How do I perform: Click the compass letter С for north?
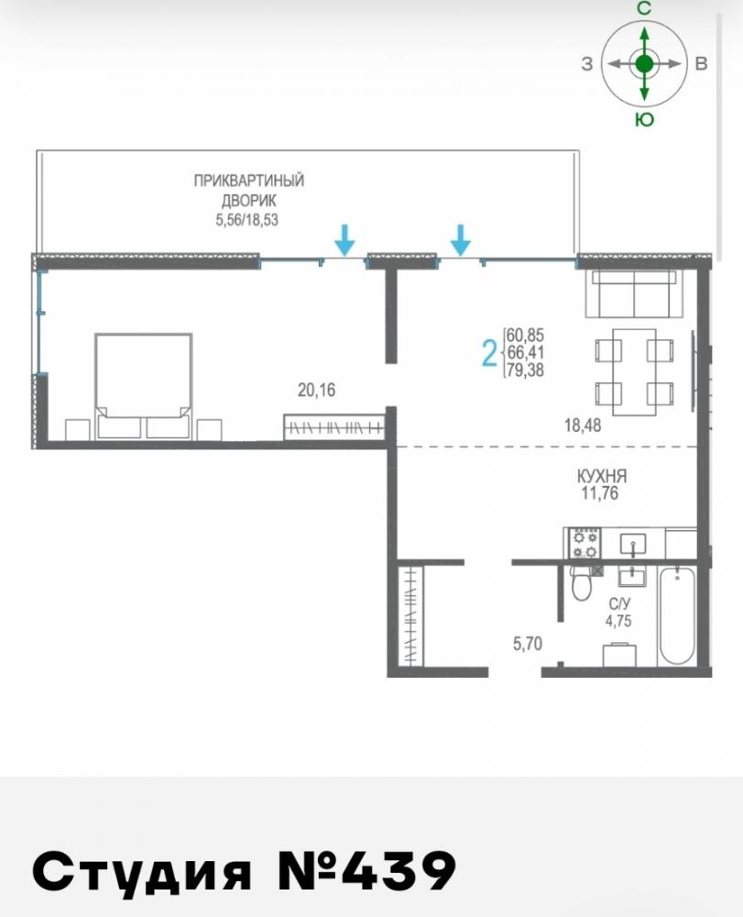pyautogui.click(x=644, y=8)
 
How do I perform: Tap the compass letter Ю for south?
pyautogui.click(x=644, y=120)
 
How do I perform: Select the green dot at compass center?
pyautogui.click(x=644, y=64)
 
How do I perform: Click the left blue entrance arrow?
pyautogui.click(x=345, y=239)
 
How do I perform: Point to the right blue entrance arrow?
pyautogui.click(x=461, y=239)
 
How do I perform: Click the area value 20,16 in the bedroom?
pyautogui.click(x=317, y=390)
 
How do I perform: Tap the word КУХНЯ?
pyautogui.click(x=602, y=476)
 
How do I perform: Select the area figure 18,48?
pyautogui.click(x=583, y=425)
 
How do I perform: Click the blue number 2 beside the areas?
pyautogui.click(x=489, y=353)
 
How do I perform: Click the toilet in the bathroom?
pyautogui.click(x=581, y=583)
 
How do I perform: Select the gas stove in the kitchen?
pyautogui.click(x=585, y=543)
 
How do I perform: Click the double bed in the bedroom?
pyautogui.click(x=143, y=386)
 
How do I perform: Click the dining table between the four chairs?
pyautogui.click(x=634, y=372)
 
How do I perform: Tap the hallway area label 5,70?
pyautogui.click(x=528, y=644)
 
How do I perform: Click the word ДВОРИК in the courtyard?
pyautogui.click(x=249, y=200)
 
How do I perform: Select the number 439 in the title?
pyautogui.click(x=398, y=871)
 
